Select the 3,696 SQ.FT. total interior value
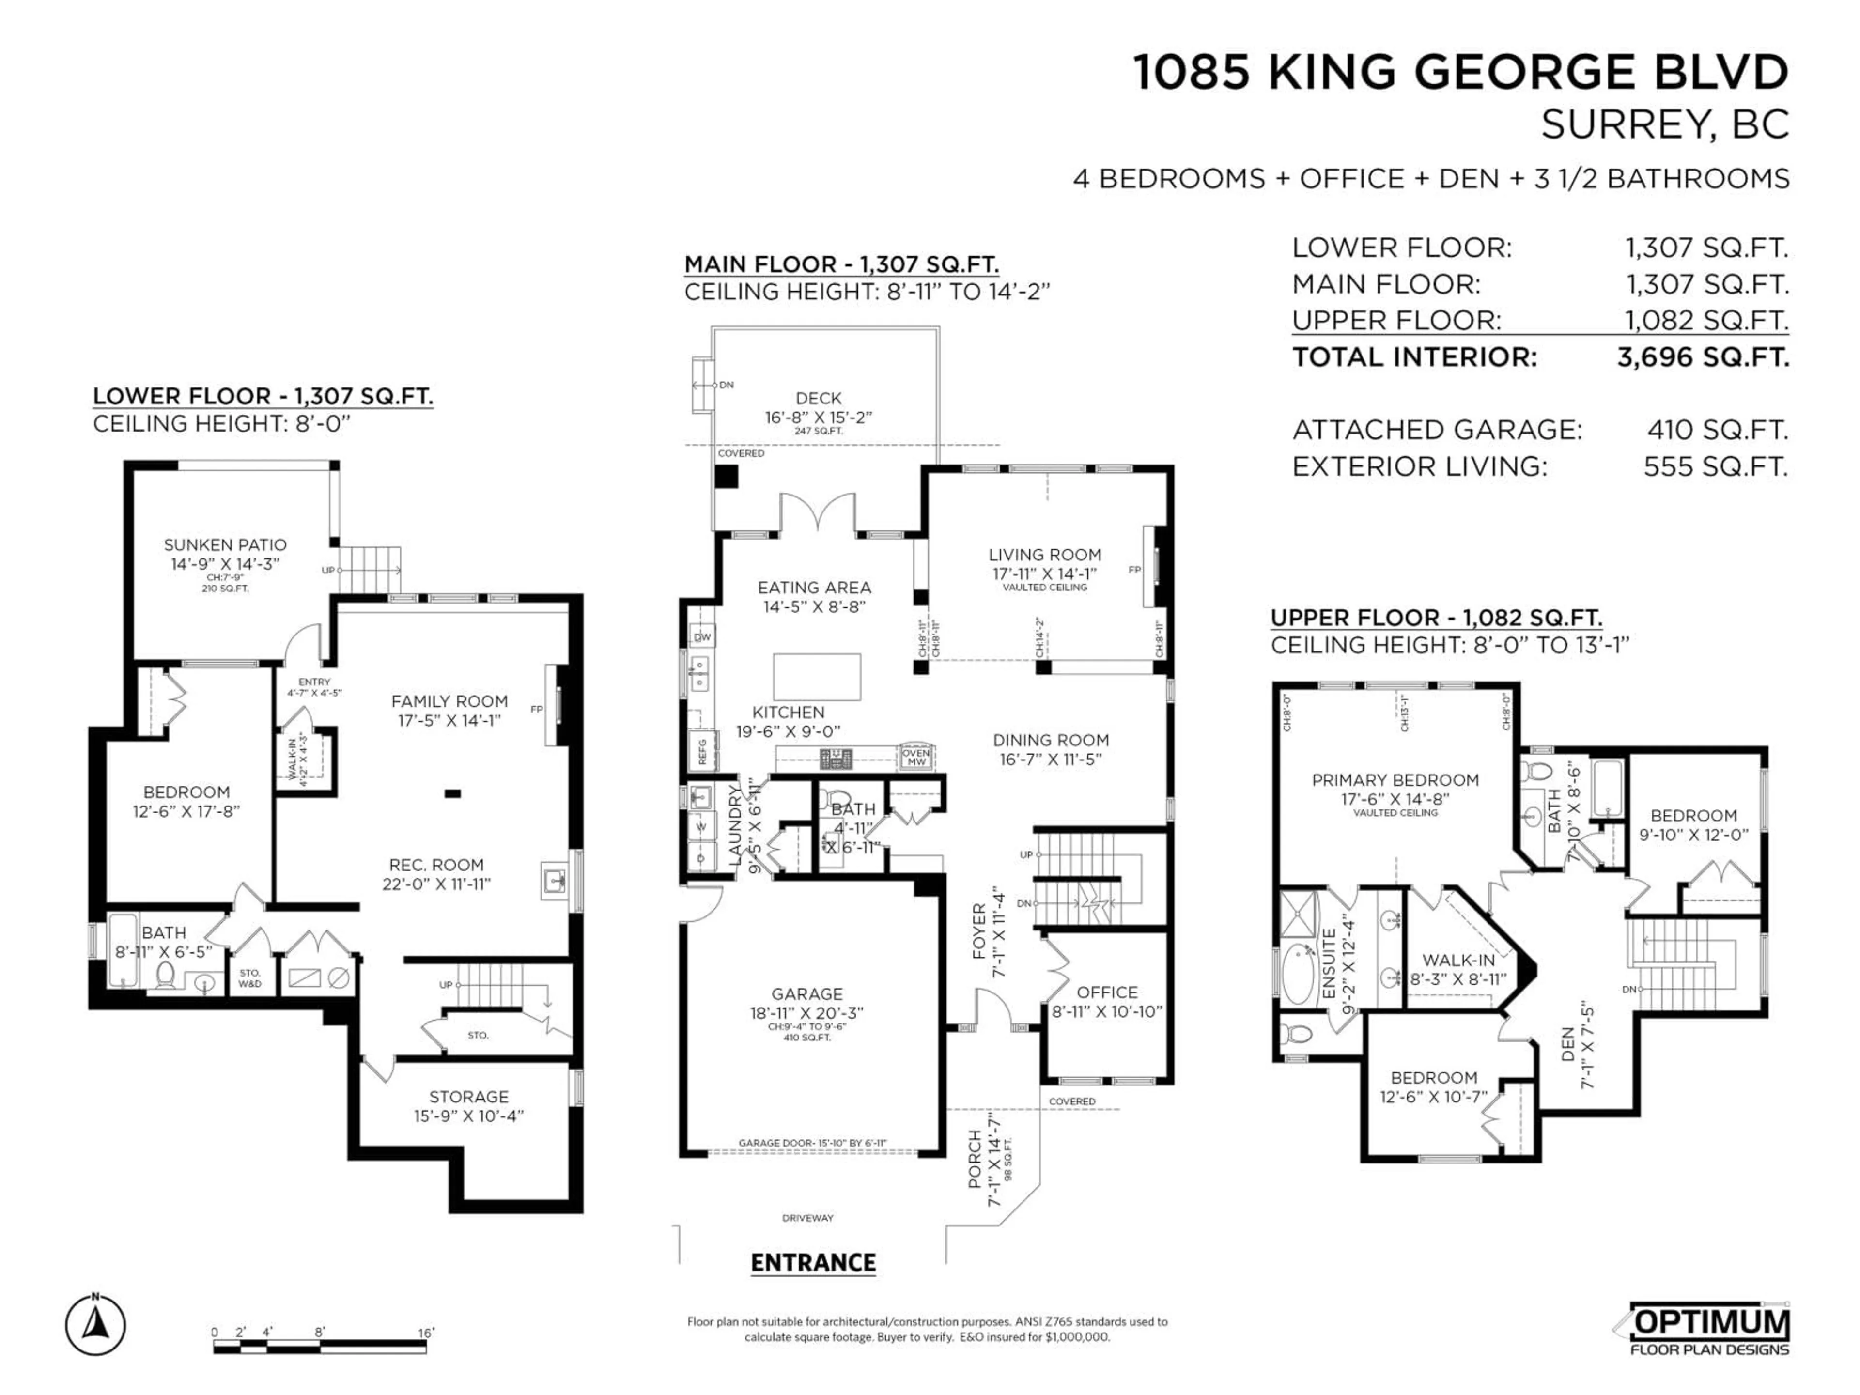[1703, 357]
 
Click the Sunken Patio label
[225, 545]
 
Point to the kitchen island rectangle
[817, 677]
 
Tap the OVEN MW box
[915, 757]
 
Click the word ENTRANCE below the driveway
[813, 1263]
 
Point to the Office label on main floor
[1107, 992]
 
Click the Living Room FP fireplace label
[1134, 570]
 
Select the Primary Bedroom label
[1395, 780]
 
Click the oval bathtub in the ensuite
[1299, 975]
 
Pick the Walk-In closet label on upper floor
[1458, 960]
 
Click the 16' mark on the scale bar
[426, 1333]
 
